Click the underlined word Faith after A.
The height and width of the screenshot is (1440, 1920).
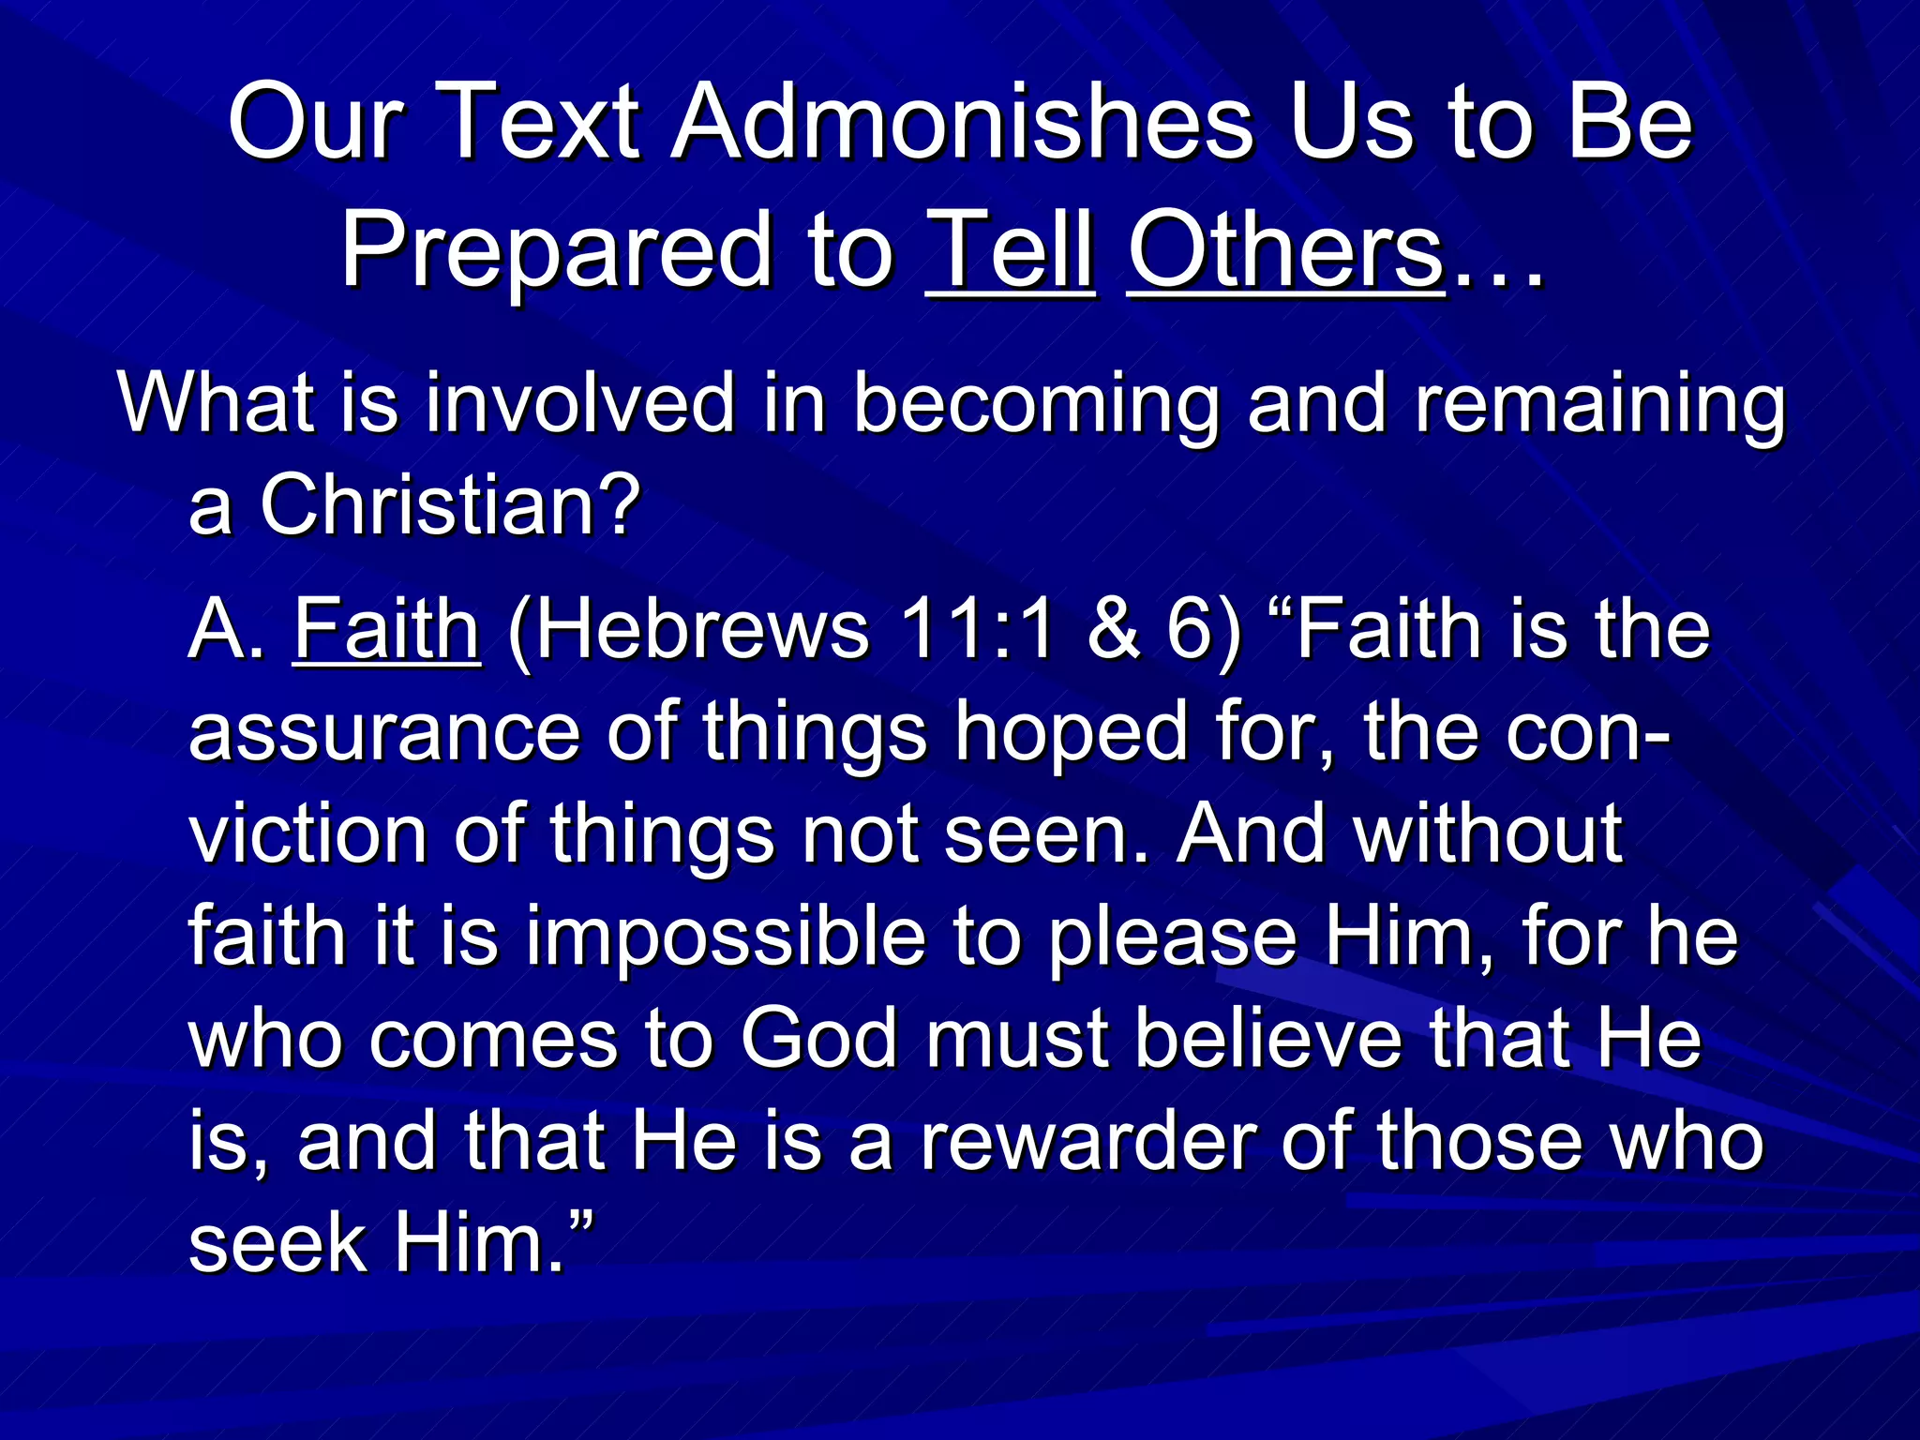tap(386, 630)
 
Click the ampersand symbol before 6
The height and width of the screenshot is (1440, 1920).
tap(1113, 630)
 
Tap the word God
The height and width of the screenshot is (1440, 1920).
tap(819, 1039)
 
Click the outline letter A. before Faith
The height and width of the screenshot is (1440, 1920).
tap(225, 630)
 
